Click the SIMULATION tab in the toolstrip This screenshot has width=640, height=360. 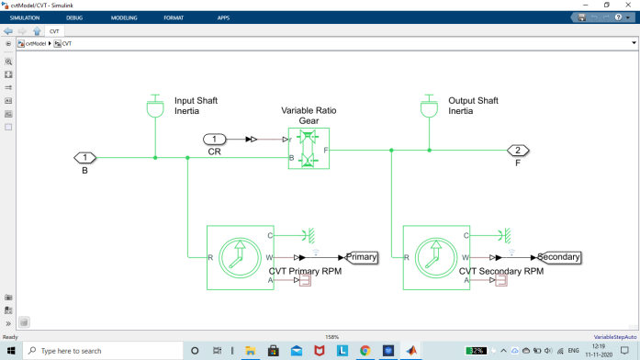point(24,17)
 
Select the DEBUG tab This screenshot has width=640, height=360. point(74,17)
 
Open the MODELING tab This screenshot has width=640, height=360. point(124,17)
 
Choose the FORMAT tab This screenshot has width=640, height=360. point(174,17)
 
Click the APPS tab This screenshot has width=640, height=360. point(223,17)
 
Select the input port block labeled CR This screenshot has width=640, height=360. point(214,140)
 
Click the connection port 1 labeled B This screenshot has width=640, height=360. point(84,158)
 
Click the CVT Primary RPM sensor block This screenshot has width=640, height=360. point(240,257)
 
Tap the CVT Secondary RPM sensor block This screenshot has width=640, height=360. point(436,257)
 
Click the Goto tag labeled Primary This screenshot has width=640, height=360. point(361,257)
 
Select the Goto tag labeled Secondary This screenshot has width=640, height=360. point(559,257)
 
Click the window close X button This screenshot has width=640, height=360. point(628,5)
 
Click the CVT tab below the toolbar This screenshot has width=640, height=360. point(54,30)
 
